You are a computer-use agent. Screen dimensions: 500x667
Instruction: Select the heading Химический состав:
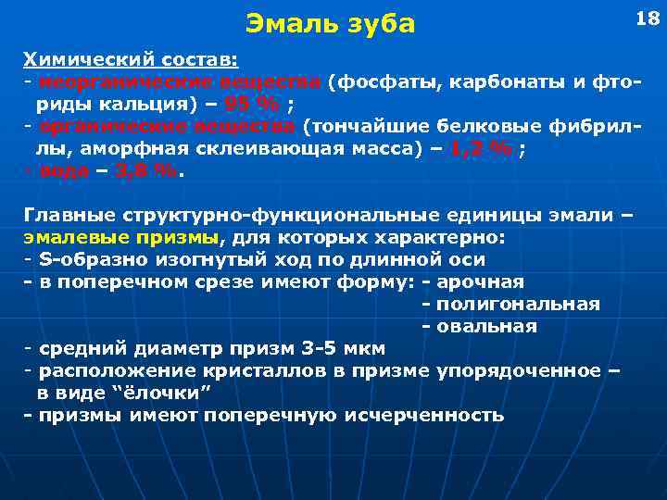131,60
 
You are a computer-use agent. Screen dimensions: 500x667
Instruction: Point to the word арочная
480,281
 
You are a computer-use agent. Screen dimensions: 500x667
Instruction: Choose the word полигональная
518,304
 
